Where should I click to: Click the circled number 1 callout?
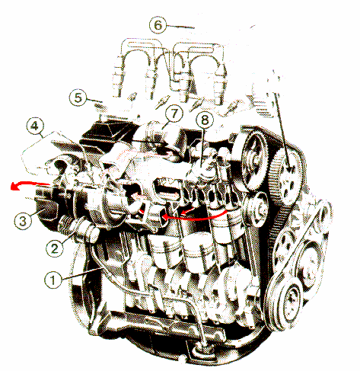pyautogui.click(x=53, y=280)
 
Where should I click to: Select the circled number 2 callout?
pyautogui.click(x=55, y=248)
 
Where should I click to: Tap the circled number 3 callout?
pyautogui.click(x=23, y=221)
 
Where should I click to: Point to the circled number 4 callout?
pyautogui.click(x=35, y=126)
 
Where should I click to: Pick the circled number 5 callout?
pyautogui.click(x=78, y=98)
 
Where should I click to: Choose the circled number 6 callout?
pyautogui.click(x=158, y=25)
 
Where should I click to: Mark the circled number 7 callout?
pyautogui.click(x=174, y=114)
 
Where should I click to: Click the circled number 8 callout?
pyautogui.click(x=205, y=120)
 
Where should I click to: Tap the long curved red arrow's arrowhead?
pyautogui.click(x=165, y=216)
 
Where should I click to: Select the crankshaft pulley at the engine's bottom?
pyautogui.click(x=285, y=302)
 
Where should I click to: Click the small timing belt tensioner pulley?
pyautogui.click(x=256, y=208)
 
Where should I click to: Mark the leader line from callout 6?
pyautogui.click(x=180, y=26)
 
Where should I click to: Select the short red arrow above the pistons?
pyautogui.click(x=188, y=210)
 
